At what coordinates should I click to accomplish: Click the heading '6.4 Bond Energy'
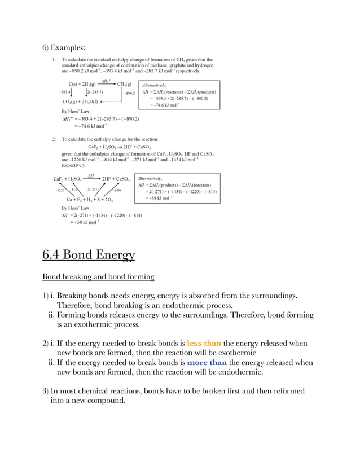tap(89, 256)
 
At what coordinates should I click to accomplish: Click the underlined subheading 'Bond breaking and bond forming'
tap(99, 278)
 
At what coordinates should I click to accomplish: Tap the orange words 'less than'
tap(204, 343)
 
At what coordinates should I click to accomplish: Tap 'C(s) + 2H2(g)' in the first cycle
tap(78, 83)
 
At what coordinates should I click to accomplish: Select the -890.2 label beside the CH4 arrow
tap(129, 93)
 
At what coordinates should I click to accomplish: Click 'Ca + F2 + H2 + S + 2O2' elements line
tap(90, 199)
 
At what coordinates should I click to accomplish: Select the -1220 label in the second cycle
tap(60, 190)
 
